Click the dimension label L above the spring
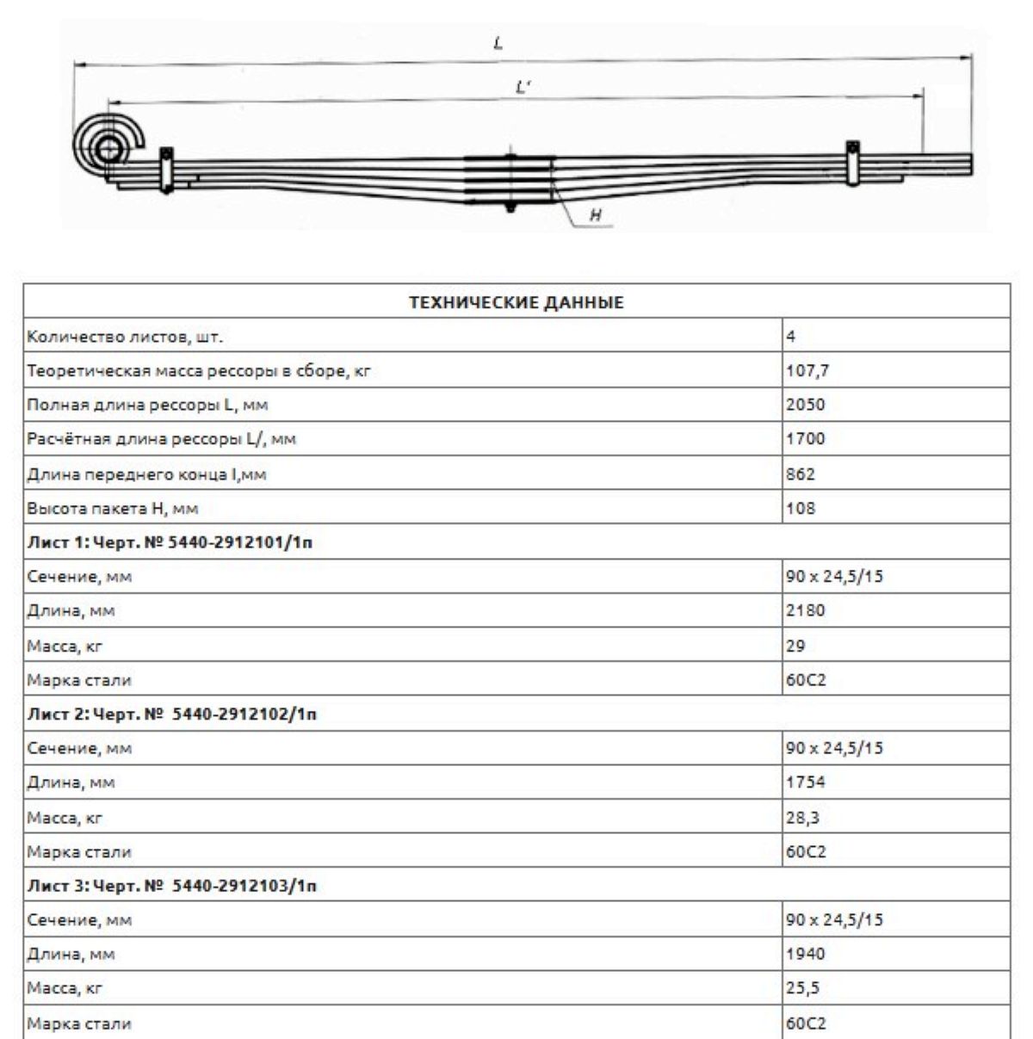(x=498, y=42)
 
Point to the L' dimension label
(x=523, y=87)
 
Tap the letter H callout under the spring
(x=595, y=215)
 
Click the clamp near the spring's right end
(x=852, y=162)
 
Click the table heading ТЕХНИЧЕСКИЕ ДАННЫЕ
(x=516, y=302)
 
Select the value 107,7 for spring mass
(x=807, y=371)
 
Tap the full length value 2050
(x=805, y=405)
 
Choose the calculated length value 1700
(x=805, y=439)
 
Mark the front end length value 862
(x=800, y=474)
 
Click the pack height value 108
(x=800, y=509)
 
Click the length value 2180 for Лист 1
(x=805, y=611)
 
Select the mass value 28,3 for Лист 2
(x=802, y=818)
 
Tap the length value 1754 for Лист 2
(x=805, y=782)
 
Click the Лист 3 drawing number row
(x=171, y=886)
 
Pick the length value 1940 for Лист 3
(x=805, y=954)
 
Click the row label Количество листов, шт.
(x=125, y=337)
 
